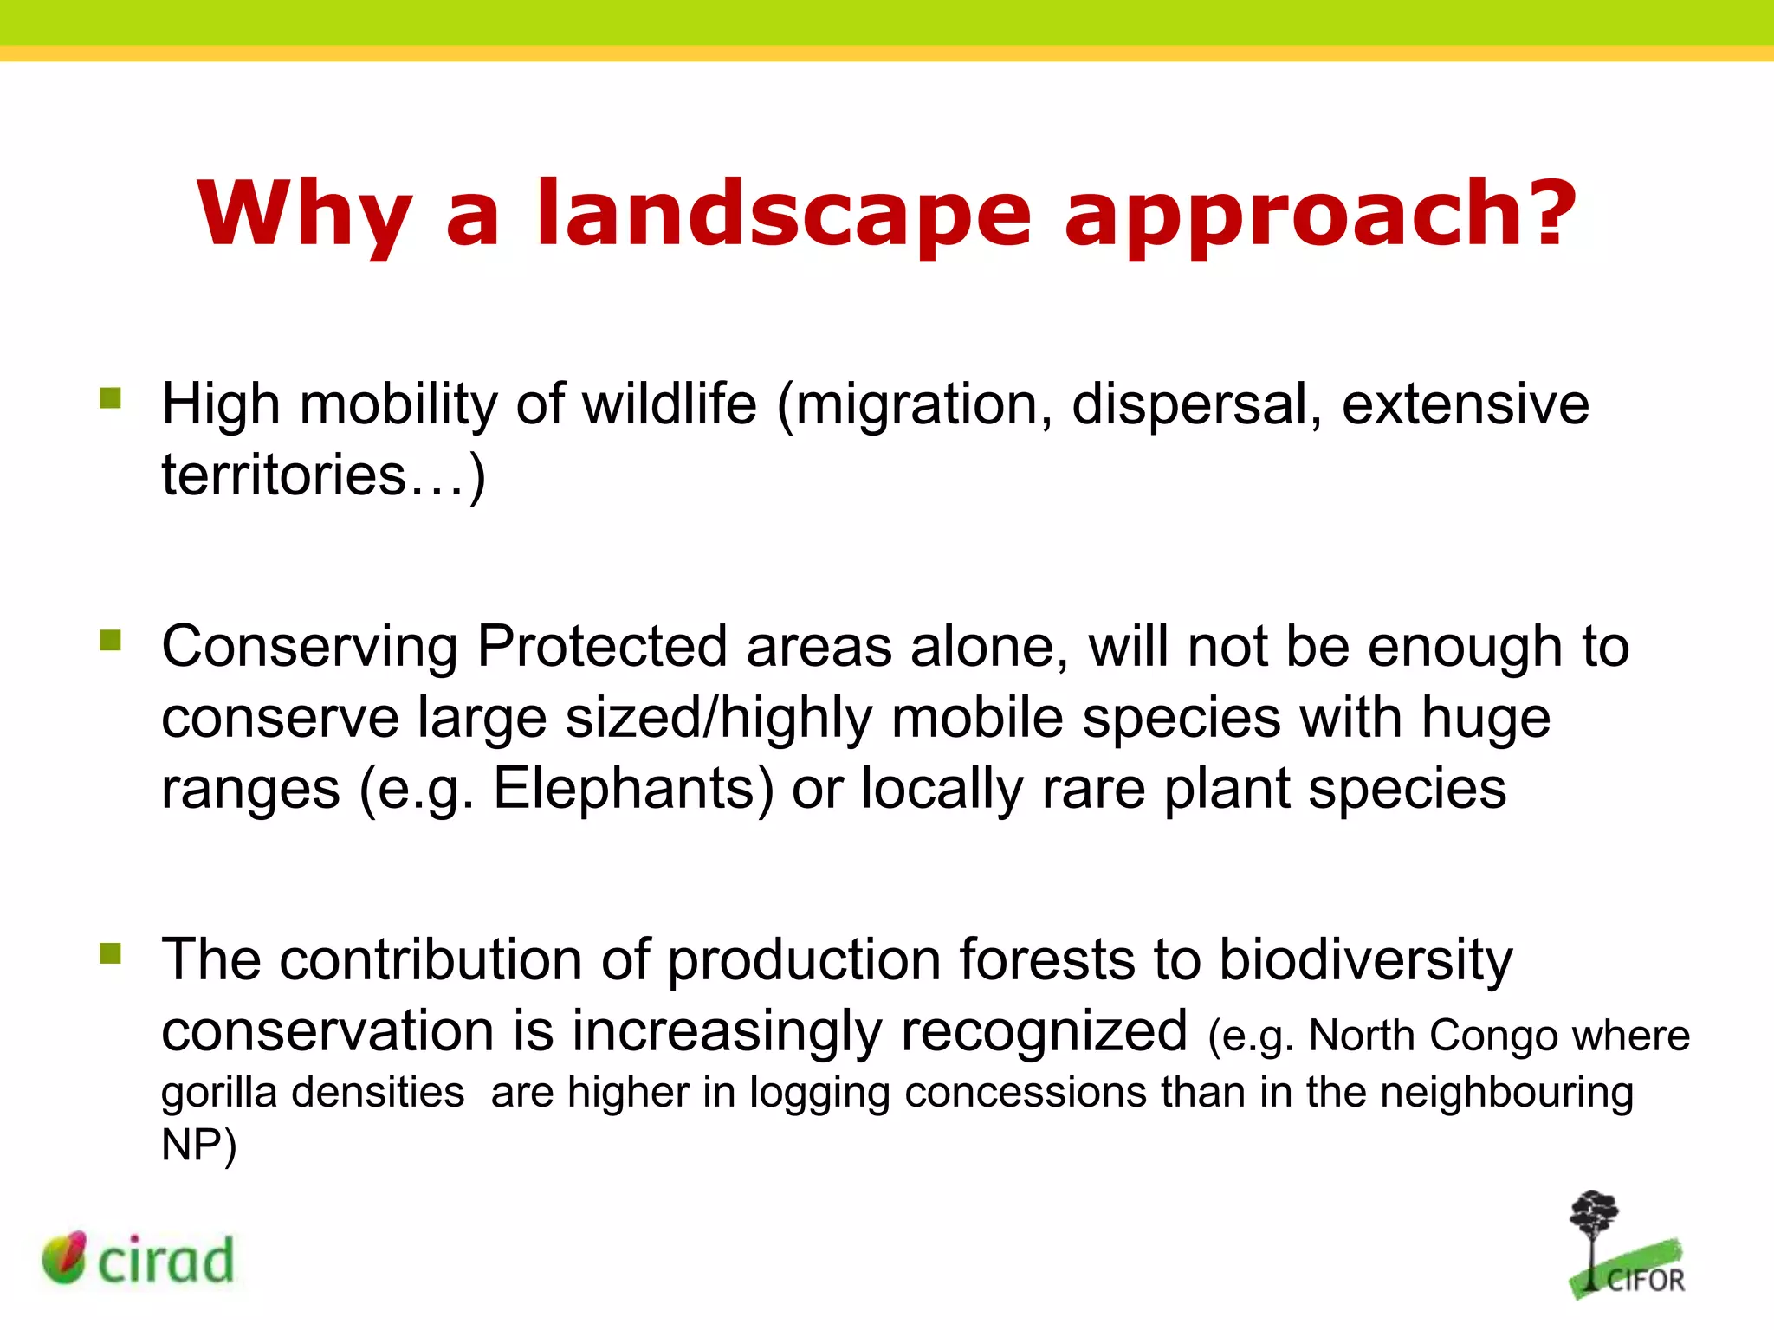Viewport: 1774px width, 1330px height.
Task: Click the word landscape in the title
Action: (x=784, y=214)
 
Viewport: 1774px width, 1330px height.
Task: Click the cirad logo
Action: (x=139, y=1259)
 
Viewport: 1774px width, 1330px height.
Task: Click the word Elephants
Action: (x=633, y=788)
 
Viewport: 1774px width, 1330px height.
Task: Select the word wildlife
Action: (x=669, y=404)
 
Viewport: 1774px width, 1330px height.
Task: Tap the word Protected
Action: (x=602, y=646)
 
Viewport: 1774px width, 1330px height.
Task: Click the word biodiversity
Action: (x=1366, y=961)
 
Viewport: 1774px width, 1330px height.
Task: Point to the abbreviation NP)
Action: (x=198, y=1146)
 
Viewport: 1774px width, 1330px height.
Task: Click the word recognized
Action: (x=1044, y=1031)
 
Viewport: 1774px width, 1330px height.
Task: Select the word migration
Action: (x=915, y=405)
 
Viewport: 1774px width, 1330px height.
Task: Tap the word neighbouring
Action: (x=1506, y=1093)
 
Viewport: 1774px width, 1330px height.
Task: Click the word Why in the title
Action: (x=304, y=214)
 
